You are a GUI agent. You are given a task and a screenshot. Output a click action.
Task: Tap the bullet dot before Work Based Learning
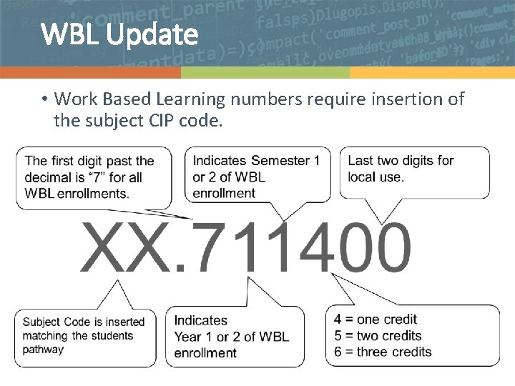click(44, 99)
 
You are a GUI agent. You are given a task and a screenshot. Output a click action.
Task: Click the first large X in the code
click(104, 247)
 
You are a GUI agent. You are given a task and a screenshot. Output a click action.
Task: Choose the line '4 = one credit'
click(375, 320)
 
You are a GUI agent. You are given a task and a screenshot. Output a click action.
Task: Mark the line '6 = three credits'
click(383, 352)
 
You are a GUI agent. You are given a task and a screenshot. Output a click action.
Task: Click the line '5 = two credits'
click(378, 336)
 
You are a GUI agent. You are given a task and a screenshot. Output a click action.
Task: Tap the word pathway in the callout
click(43, 350)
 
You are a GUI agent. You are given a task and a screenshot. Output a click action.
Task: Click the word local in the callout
click(365, 177)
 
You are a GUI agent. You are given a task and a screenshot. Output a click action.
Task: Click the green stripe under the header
click(265, 73)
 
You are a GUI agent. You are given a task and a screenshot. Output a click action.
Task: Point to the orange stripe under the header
click(90, 73)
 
